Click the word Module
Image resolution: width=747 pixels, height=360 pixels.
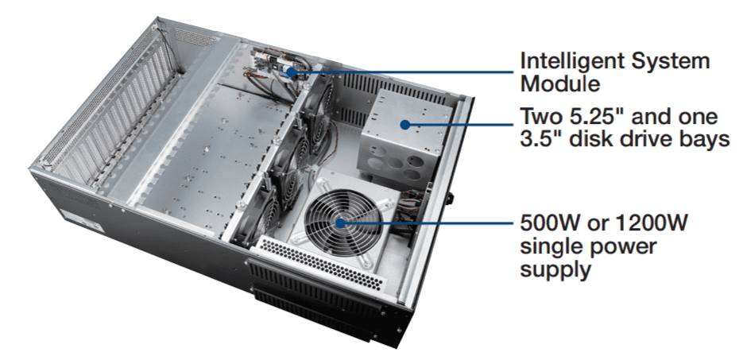tap(559, 83)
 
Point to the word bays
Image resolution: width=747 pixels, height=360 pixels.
tap(703, 140)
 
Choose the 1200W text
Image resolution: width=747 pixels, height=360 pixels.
tap(652, 223)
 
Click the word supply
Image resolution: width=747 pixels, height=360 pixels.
tap(555, 270)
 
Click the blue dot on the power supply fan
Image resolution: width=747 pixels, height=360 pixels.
tap(340, 223)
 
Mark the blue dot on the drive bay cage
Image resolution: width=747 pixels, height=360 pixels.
tap(404, 125)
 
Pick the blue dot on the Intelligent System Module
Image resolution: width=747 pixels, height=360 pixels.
tap(291, 72)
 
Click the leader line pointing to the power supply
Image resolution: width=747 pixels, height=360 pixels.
tap(430, 223)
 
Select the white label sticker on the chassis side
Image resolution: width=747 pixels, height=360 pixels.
tap(84, 220)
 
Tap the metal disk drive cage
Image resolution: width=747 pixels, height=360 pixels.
tap(405, 138)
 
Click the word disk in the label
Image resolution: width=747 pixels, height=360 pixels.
tap(587, 139)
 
